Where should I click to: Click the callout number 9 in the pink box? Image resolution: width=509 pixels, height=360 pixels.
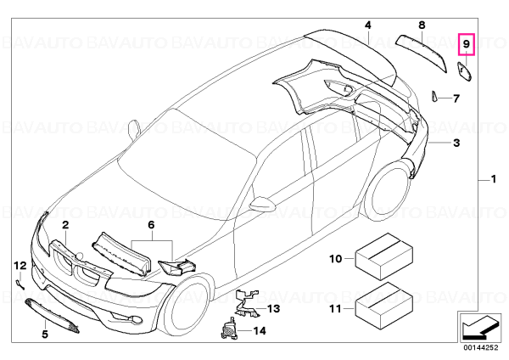point(466,44)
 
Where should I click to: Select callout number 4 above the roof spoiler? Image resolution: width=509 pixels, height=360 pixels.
point(368,25)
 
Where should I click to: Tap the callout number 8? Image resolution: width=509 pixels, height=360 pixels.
point(422,25)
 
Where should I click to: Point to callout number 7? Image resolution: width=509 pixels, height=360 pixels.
point(456,98)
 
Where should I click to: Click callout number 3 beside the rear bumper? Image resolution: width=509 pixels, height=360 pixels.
point(456,143)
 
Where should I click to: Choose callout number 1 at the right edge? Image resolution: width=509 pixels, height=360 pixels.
point(494,179)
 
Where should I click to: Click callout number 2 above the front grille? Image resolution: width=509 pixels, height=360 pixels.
point(65,225)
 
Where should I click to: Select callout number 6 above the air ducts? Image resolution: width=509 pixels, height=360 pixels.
point(151,225)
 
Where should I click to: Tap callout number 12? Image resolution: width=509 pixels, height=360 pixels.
point(20,266)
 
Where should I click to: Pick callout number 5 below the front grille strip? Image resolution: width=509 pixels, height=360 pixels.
point(45,334)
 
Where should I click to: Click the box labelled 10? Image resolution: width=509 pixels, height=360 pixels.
point(384,256)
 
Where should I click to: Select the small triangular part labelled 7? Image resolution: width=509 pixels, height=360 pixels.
point(434,96)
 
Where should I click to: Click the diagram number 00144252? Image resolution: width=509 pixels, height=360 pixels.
point(480,347)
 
